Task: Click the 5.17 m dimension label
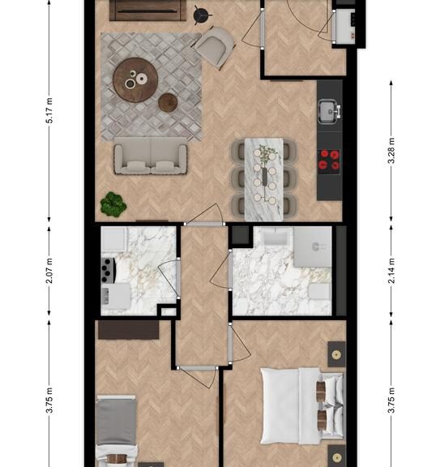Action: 49,110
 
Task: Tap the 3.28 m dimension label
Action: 391,151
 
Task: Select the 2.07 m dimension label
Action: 49,271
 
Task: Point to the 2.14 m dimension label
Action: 391,271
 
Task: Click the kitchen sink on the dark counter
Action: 329,112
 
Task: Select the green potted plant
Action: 113,204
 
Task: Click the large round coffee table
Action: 135,79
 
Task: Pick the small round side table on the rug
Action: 168,102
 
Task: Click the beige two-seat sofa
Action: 151,156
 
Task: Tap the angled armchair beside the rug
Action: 215,47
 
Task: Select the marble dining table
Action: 264,179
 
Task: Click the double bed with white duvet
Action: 302,406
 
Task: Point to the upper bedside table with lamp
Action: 336,354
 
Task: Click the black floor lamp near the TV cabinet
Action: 202,15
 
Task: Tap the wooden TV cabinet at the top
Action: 147,11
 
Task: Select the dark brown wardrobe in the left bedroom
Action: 128,330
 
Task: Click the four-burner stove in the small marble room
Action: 109,270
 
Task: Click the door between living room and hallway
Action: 204,224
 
